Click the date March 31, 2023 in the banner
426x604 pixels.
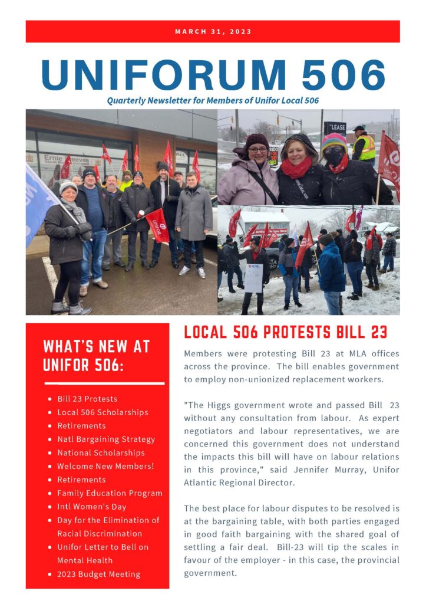point(213,31)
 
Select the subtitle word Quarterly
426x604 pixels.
point(125,100)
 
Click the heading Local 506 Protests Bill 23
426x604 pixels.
point(285,332)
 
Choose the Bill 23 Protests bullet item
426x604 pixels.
point(87,399)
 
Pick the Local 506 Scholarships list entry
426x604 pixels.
point(103,412)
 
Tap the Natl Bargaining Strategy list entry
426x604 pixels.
point(106,439)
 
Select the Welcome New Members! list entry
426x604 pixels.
point(105,466)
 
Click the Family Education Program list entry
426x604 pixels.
point(110,493)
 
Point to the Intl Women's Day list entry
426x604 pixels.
point(91,506)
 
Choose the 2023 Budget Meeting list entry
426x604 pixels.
point(98,574)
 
